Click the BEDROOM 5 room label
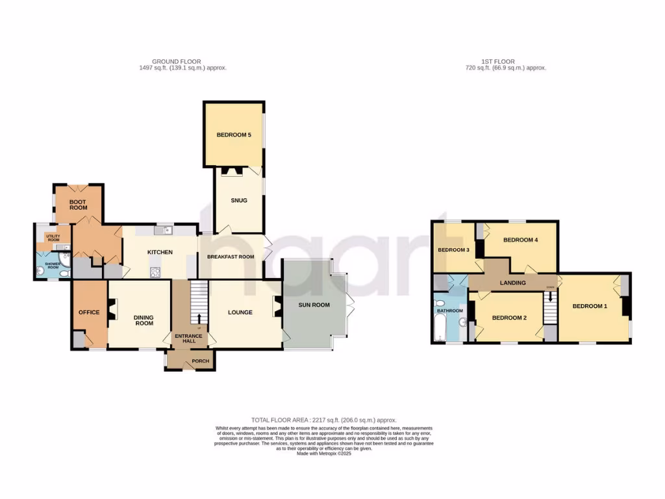point(234,135)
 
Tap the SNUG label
point(239,200)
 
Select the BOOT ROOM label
point(78,205)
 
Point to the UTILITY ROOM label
point(53,238)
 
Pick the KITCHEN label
point(159,252)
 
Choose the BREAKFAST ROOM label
point(231,257)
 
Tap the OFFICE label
point(89,313)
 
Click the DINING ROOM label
point(144,320)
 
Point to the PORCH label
point(201,362)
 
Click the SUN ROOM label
point(314,305)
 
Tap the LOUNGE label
point(240,313)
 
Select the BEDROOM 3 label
point(453,250)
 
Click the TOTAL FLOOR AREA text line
point(323,420)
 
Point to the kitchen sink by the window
point(162,229)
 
